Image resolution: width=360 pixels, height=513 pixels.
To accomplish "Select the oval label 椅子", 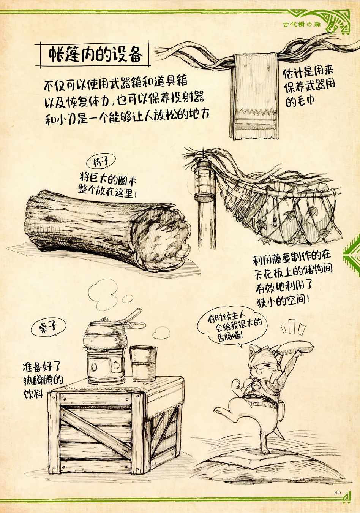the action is coord(101,162).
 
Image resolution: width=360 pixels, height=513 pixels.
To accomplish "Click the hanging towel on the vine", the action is coord(254,96).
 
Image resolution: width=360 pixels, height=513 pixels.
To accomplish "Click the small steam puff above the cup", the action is coord(162,332).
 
